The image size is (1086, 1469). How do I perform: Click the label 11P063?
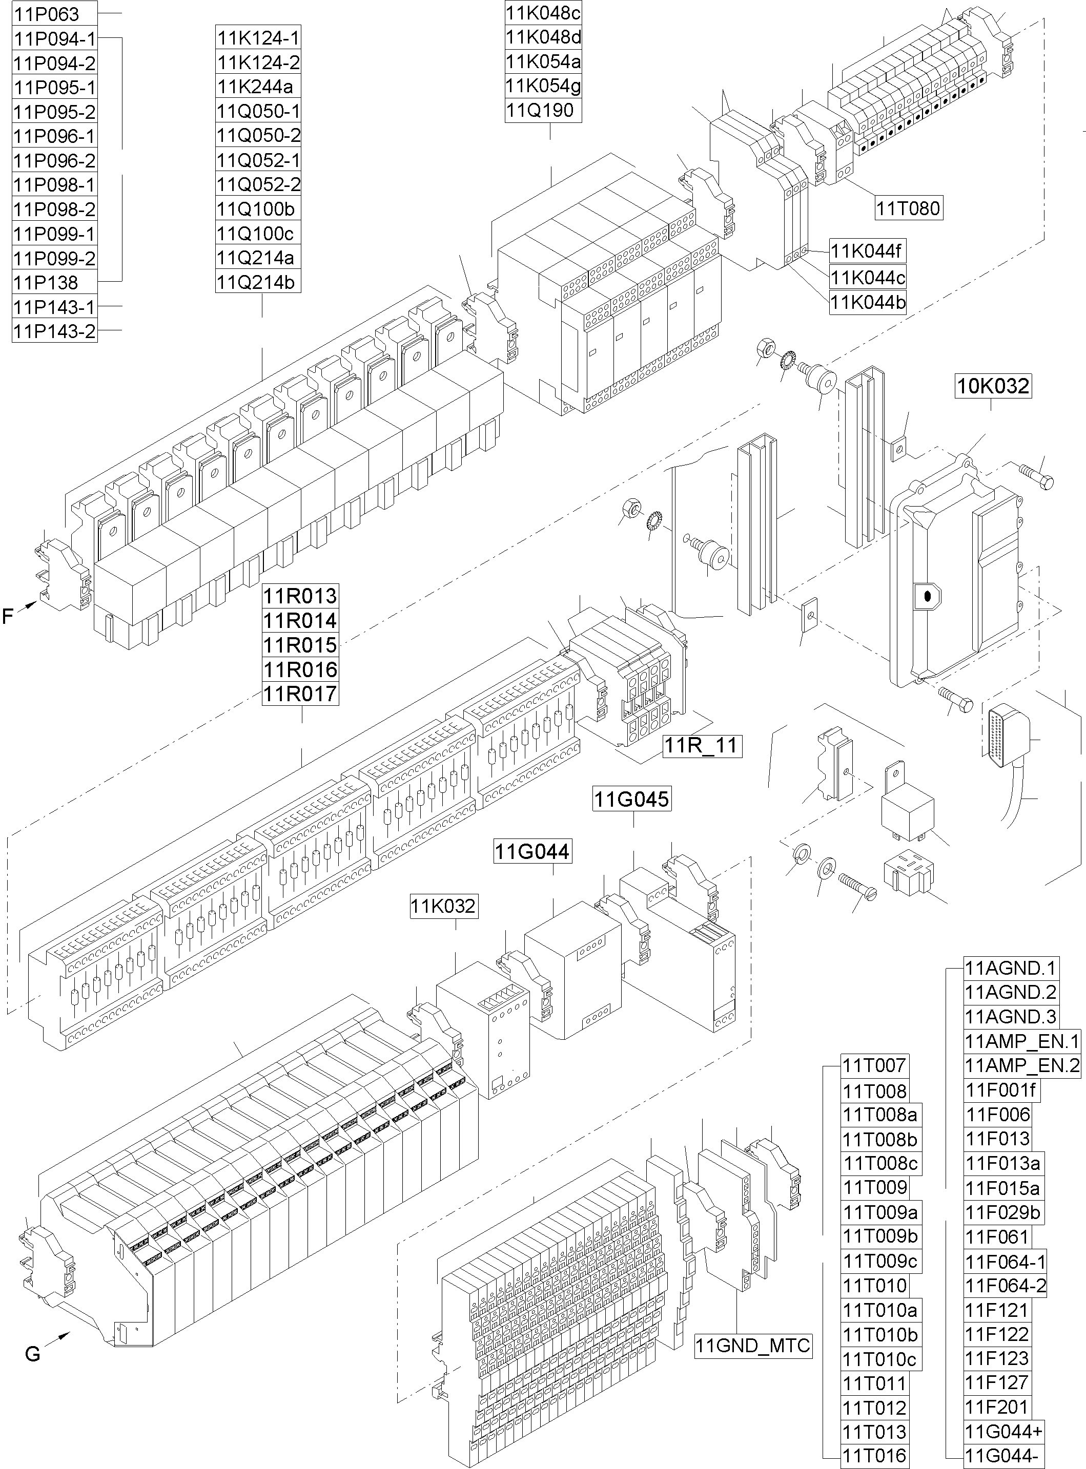(x=54, y=14)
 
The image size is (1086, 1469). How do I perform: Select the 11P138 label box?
(x=54, y=283)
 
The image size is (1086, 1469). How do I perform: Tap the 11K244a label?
(x=258, y=87)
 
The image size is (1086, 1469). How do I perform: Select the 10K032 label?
(x=993, y=386)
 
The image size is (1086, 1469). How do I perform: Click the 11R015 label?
(x=300, y=644)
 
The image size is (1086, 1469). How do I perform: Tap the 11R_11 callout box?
(x=702, y=746)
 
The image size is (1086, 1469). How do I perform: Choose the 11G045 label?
(x=632, y=799)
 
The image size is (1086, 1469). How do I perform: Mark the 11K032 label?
(x=443, y=906)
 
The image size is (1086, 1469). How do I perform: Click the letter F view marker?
(x=8, y=616)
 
